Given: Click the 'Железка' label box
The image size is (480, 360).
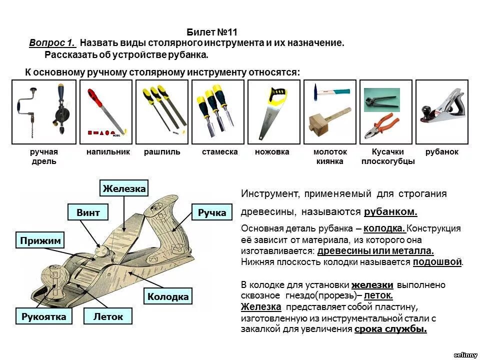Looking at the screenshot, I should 124,188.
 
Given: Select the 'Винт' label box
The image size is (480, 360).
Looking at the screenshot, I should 88,212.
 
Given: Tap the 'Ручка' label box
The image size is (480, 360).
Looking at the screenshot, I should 212,212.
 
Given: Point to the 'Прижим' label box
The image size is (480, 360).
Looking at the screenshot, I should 40,241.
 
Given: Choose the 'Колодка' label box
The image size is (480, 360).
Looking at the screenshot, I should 168,296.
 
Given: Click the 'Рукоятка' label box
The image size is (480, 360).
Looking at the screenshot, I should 43,316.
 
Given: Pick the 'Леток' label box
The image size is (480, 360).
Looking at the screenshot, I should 108,316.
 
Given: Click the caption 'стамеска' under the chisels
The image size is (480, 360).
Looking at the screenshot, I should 219,152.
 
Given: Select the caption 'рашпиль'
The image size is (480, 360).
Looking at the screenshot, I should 162,152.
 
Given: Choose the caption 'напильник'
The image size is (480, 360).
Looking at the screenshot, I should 108,152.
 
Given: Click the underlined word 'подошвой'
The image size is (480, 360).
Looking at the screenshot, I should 437,261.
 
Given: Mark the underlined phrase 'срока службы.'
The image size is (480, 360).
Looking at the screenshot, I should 390,329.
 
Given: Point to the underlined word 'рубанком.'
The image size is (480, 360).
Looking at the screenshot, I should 390,211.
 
